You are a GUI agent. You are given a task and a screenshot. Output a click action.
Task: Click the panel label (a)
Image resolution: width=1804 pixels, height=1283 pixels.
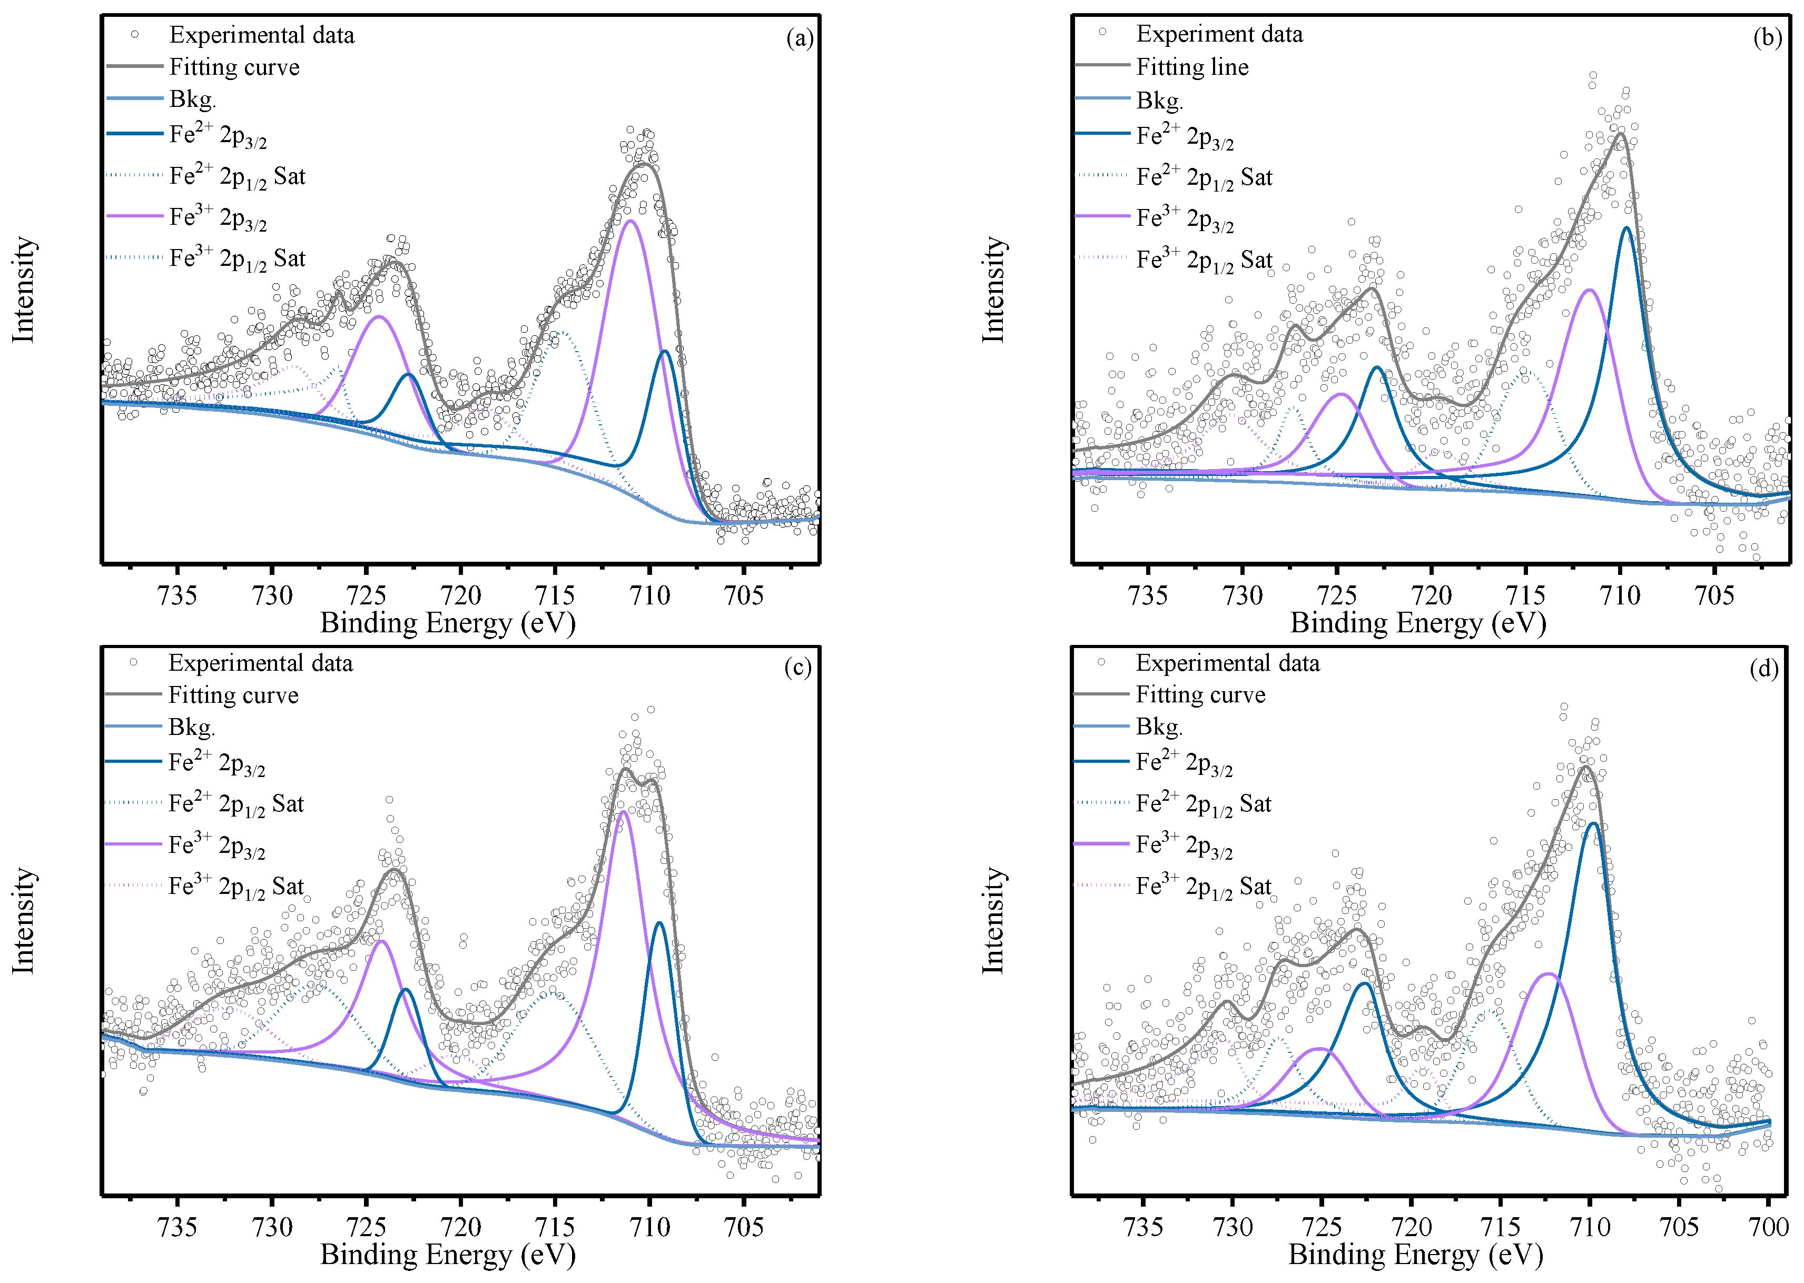click(x=799, y=38)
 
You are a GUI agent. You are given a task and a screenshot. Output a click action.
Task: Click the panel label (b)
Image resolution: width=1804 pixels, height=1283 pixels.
click(x=1767, y=37)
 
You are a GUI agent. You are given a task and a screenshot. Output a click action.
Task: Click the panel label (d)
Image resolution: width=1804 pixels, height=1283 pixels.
click(x=1763, y=669)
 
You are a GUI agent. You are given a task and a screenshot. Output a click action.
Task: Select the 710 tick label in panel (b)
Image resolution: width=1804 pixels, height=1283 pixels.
click(x=1620, y=595)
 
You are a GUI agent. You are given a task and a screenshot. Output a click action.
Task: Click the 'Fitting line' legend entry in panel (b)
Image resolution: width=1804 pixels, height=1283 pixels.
click(x=1191, y=67)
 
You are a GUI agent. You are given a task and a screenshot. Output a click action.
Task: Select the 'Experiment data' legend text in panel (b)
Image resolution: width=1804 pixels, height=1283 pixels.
click(x=1219, y=34)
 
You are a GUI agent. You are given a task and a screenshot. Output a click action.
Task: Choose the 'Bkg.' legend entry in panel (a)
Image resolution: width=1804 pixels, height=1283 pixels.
click(x=192, y=100)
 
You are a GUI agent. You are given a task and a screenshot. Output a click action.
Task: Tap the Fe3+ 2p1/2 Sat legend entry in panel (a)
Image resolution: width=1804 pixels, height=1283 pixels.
click(x=236, y=258)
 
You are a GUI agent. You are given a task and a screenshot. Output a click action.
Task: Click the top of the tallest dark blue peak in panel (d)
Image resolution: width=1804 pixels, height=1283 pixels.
click(x=1593, y=824)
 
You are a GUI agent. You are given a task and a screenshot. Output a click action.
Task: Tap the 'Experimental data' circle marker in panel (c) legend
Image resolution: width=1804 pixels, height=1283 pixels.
click(x=134, y=662)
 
